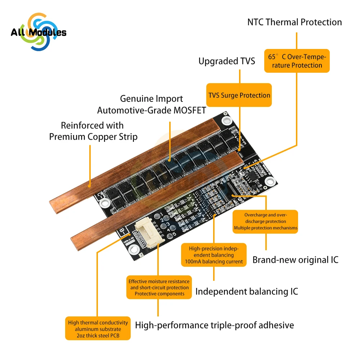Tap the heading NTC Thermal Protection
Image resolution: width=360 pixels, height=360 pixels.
click(294, 22)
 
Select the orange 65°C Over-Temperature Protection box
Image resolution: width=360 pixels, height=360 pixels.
click(297, 61)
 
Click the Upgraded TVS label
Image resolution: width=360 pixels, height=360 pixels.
click(226, 61)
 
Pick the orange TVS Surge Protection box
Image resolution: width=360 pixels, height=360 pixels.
click(239, 95)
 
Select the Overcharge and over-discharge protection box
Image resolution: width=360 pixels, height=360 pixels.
click(266, 221)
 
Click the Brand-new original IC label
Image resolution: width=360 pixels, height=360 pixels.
click(295, 260)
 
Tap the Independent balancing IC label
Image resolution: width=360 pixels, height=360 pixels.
click(247, 291)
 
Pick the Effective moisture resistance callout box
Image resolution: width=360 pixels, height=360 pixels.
click(158, 287)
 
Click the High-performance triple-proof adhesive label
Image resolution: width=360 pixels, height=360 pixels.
click(214, 325)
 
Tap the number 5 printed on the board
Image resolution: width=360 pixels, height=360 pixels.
click(174, 234)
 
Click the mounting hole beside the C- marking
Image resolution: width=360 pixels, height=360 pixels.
click(105, 203)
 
